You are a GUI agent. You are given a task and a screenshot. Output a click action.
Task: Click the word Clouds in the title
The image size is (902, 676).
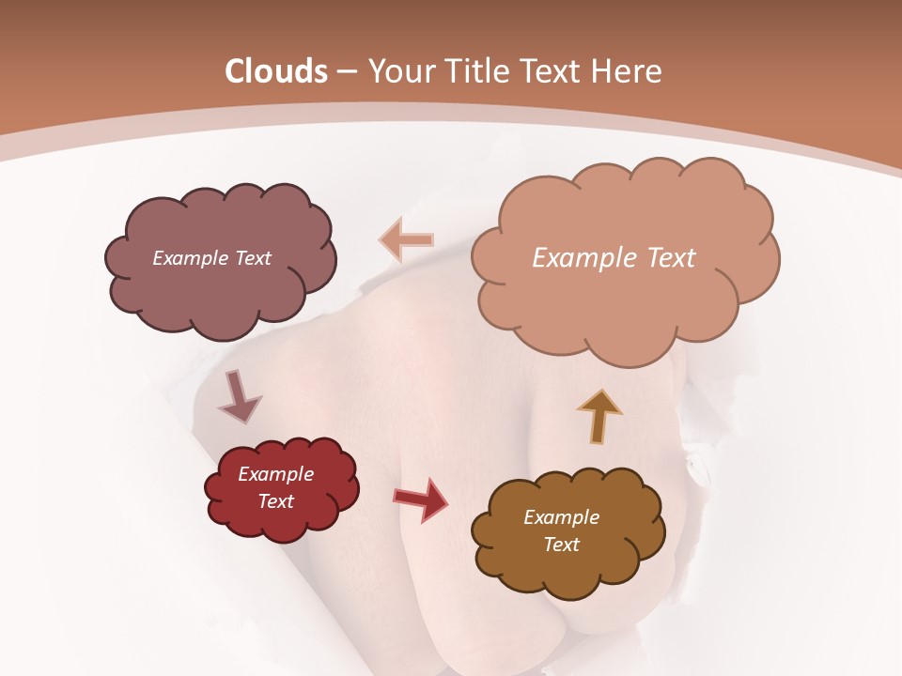click(x=276, y=71)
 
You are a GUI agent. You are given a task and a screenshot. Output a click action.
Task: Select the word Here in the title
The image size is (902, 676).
click(x=627, y=71)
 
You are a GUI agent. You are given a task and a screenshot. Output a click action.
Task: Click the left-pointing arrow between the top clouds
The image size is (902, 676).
click(x=407, y=241)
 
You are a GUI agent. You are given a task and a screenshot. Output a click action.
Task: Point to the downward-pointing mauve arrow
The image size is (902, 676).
click(x=239, y=396)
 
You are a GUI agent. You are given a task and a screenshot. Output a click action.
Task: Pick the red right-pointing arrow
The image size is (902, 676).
click(x=421, y=499)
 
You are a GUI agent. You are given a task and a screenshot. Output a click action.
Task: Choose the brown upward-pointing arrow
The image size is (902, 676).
click(x=599, y=416)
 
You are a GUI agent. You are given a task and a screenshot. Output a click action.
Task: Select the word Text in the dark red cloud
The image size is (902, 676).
click(x=276, y=501)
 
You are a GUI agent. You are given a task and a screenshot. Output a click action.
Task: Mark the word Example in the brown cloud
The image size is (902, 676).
click(x=561, y=517)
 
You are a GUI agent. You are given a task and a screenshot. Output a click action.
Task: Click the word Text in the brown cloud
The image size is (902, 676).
click(x=561, y=545)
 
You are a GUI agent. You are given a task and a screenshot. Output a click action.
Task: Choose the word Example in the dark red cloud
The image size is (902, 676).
click(x=276, y=474)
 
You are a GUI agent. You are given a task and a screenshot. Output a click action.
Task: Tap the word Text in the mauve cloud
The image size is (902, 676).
click(x=251, y=258)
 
